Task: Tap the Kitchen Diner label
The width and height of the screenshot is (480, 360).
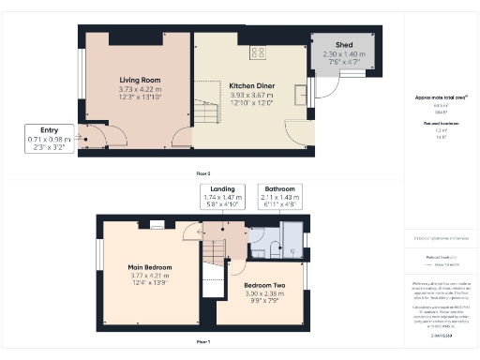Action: pyautogui.click(x=249, y=85)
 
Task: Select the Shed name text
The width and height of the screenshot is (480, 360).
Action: pyautogui.click(x=345, y=46)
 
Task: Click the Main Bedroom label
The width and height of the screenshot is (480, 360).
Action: pyautogui.click(x=149, y=267)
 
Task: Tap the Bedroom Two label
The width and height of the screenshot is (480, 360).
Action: pyautogui.click(x=264, y=284)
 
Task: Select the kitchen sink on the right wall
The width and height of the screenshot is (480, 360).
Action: pyautogui.click(x=301, y=94)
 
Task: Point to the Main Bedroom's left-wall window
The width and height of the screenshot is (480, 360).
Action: pyautogui.click(x=98, y=254)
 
